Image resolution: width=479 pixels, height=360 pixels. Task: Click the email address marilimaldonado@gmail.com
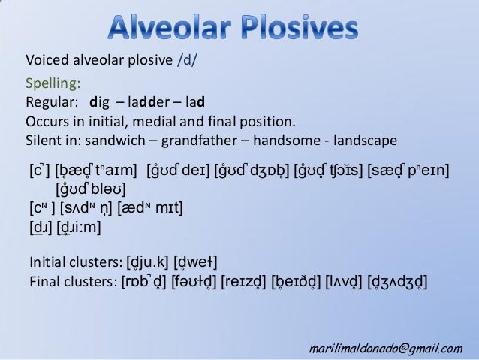point(387,348)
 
